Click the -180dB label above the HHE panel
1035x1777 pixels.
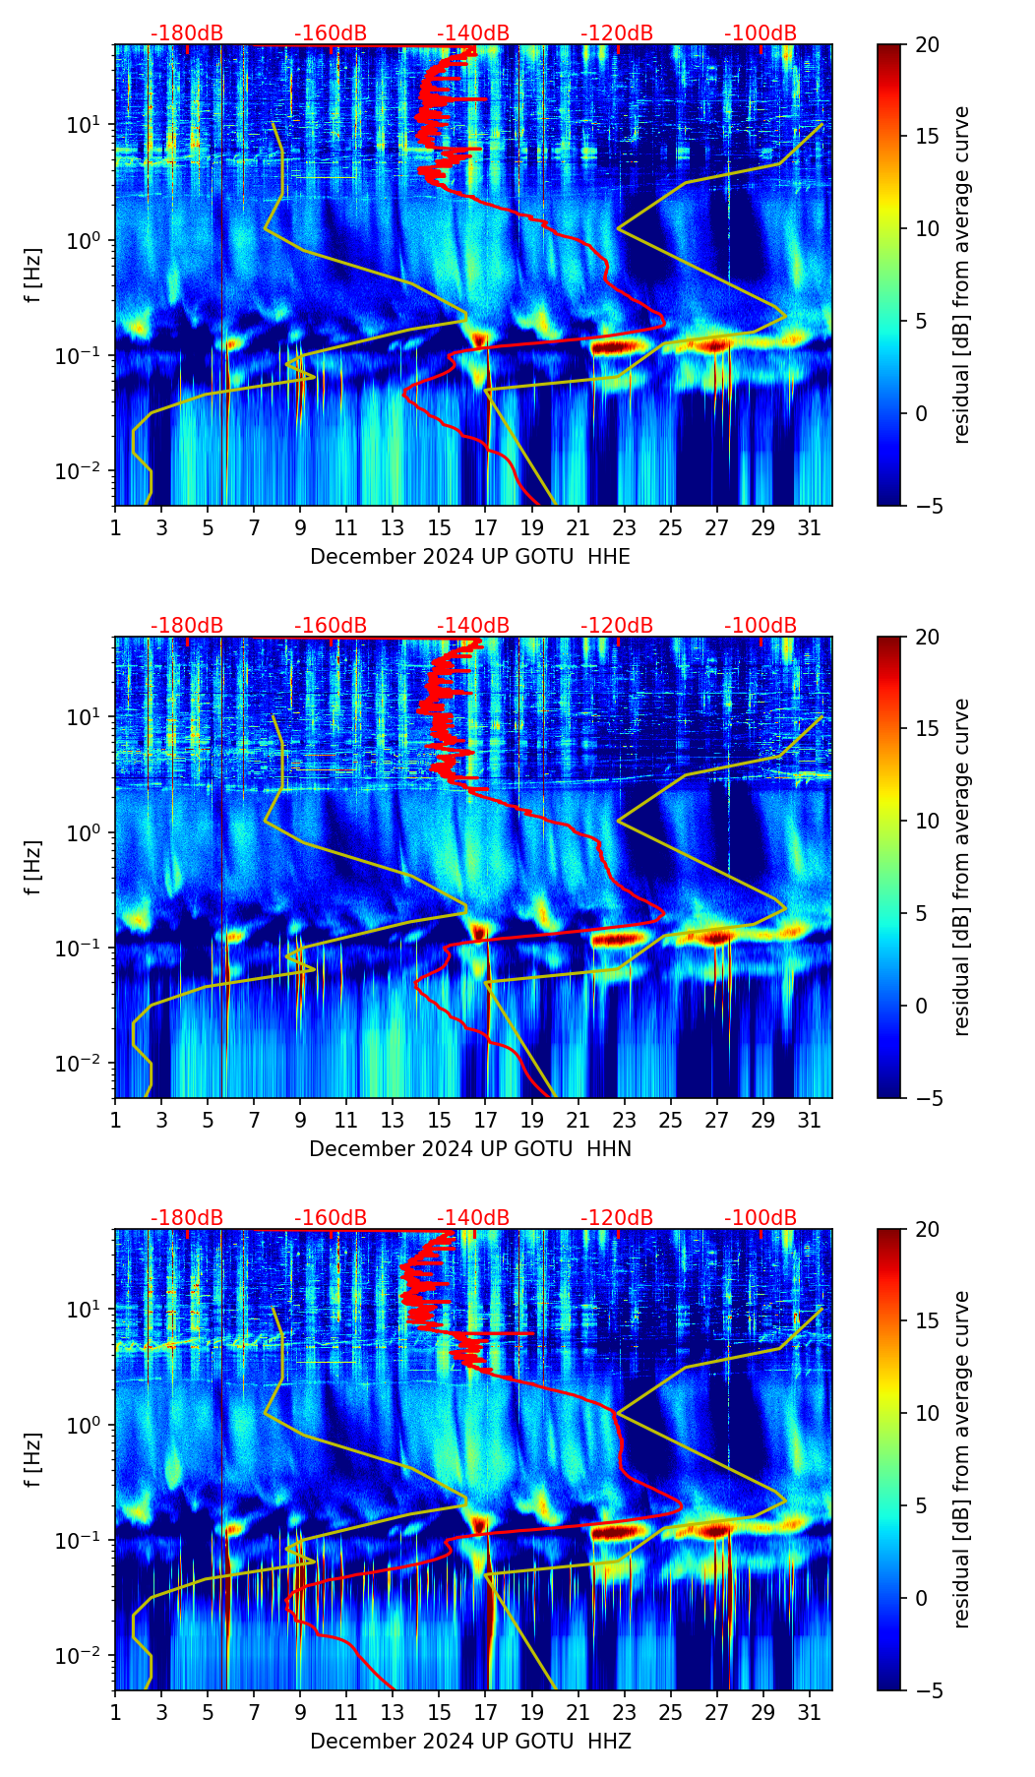click(x=187, y=33)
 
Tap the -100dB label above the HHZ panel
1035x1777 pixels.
click(x=761, y=1218)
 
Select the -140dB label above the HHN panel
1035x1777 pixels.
click(x=473, y=626)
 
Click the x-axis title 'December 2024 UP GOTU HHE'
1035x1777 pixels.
click(x=470, y=557)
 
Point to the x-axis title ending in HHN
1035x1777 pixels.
click(x=470, y=1149)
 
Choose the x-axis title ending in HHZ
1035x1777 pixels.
click(x=470, y=1742)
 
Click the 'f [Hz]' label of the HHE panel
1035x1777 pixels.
click(x=33, y=276)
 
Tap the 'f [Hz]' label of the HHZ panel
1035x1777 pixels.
click(x=33, y=1460)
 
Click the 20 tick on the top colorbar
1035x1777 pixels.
click(x=927, y=44)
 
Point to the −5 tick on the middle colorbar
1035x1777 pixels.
click(x=927, y=1098)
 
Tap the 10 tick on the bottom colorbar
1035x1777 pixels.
click(x=927, y=1414)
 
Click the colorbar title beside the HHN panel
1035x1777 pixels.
click(x=962, y=867)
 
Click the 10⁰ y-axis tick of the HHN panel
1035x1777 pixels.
click(x=83, y=832)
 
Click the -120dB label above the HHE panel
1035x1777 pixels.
click(x=617, y=33)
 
